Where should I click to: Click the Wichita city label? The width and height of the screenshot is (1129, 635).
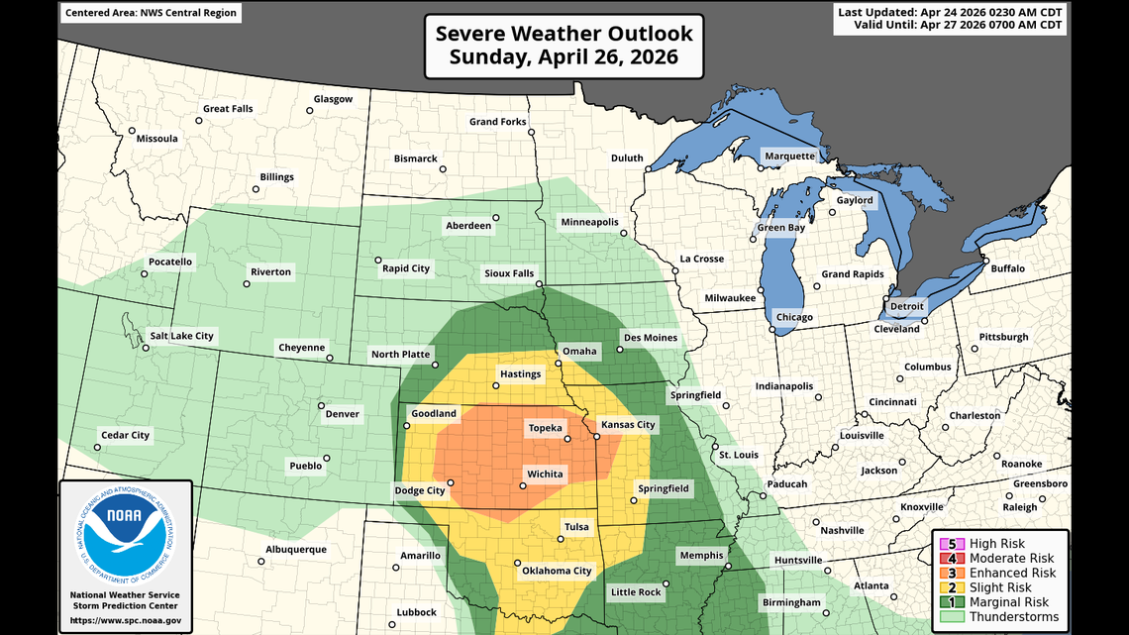[544, 474]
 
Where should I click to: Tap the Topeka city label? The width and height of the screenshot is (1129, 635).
[545, 428]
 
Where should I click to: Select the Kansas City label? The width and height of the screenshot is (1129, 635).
[628, 425]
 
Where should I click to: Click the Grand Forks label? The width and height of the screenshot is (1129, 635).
[498, 122]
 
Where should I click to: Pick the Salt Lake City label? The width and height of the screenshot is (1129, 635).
[181, 336]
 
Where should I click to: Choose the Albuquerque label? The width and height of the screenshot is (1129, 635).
[296, 550]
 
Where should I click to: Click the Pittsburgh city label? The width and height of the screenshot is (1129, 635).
[1004, 338]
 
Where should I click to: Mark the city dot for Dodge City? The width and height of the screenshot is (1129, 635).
[451, 483]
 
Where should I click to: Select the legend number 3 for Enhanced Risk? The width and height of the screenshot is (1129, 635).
[952, 573]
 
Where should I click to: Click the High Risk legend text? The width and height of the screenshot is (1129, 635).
[997, 544]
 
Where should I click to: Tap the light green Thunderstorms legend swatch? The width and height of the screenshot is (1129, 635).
[952, 617]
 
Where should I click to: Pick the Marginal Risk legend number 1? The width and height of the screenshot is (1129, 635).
[952, 602]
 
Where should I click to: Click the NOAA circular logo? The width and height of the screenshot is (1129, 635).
[125, 536]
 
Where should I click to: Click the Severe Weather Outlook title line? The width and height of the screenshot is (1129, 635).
[564, 33]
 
